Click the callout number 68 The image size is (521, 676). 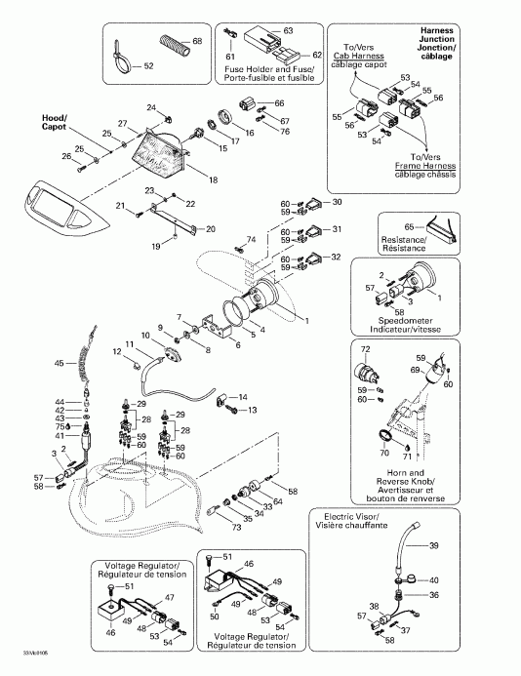[197, 41]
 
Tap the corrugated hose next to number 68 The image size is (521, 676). [175, 45]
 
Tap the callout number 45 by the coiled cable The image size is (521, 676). [58, 363]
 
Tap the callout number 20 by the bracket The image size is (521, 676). [211, 229]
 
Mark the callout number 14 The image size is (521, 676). [243, 397]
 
